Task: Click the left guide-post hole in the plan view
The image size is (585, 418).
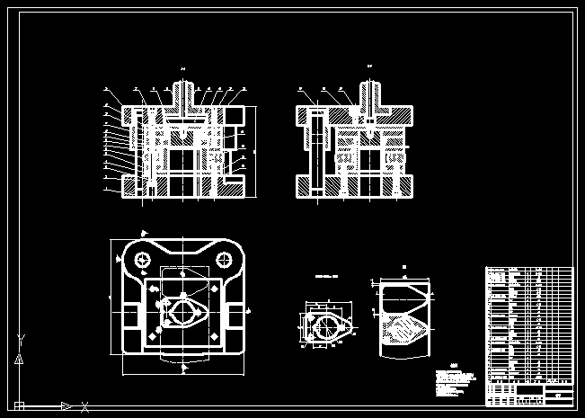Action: [142, 260]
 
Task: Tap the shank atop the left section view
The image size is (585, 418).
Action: [182, 93]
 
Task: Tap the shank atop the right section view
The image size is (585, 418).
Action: [370, 93]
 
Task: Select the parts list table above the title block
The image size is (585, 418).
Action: [528, 324]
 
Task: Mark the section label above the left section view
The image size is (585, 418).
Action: [182, 68]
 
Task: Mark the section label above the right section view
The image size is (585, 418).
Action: [370, 68]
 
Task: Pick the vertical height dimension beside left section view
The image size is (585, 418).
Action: [254, 151]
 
